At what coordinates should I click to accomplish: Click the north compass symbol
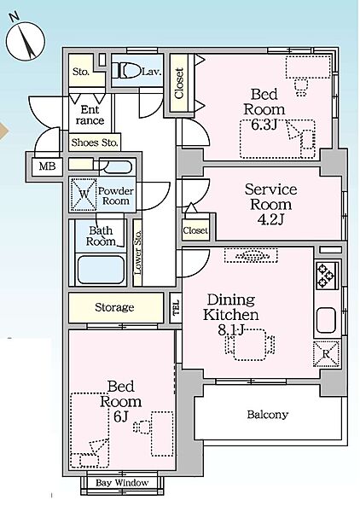click(26, 40)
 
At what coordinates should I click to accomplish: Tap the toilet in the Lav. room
click(126, 70)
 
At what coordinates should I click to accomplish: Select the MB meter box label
click(47, 166)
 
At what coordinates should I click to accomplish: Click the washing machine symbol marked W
click(84, 195)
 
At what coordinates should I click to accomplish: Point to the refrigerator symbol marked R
click(326, 353)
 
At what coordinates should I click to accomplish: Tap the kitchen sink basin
click(326, 320)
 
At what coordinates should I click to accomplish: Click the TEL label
click(177, 307)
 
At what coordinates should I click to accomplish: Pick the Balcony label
click(268, 415)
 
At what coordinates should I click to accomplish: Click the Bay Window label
click(122, 483)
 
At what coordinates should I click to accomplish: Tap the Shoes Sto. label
click(95, 143)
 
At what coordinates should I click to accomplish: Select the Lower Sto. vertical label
click(137, 252)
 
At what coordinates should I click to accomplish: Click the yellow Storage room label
click(114, 307)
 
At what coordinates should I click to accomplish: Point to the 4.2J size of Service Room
click(270, 220)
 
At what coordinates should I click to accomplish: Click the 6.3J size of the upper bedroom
click(264, 125)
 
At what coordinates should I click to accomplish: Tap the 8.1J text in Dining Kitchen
click(231, 330)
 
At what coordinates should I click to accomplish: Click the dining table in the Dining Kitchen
click(250, 345)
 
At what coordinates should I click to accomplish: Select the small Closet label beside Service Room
click(195, 230)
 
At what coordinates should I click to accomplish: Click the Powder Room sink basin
click(115, 167)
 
